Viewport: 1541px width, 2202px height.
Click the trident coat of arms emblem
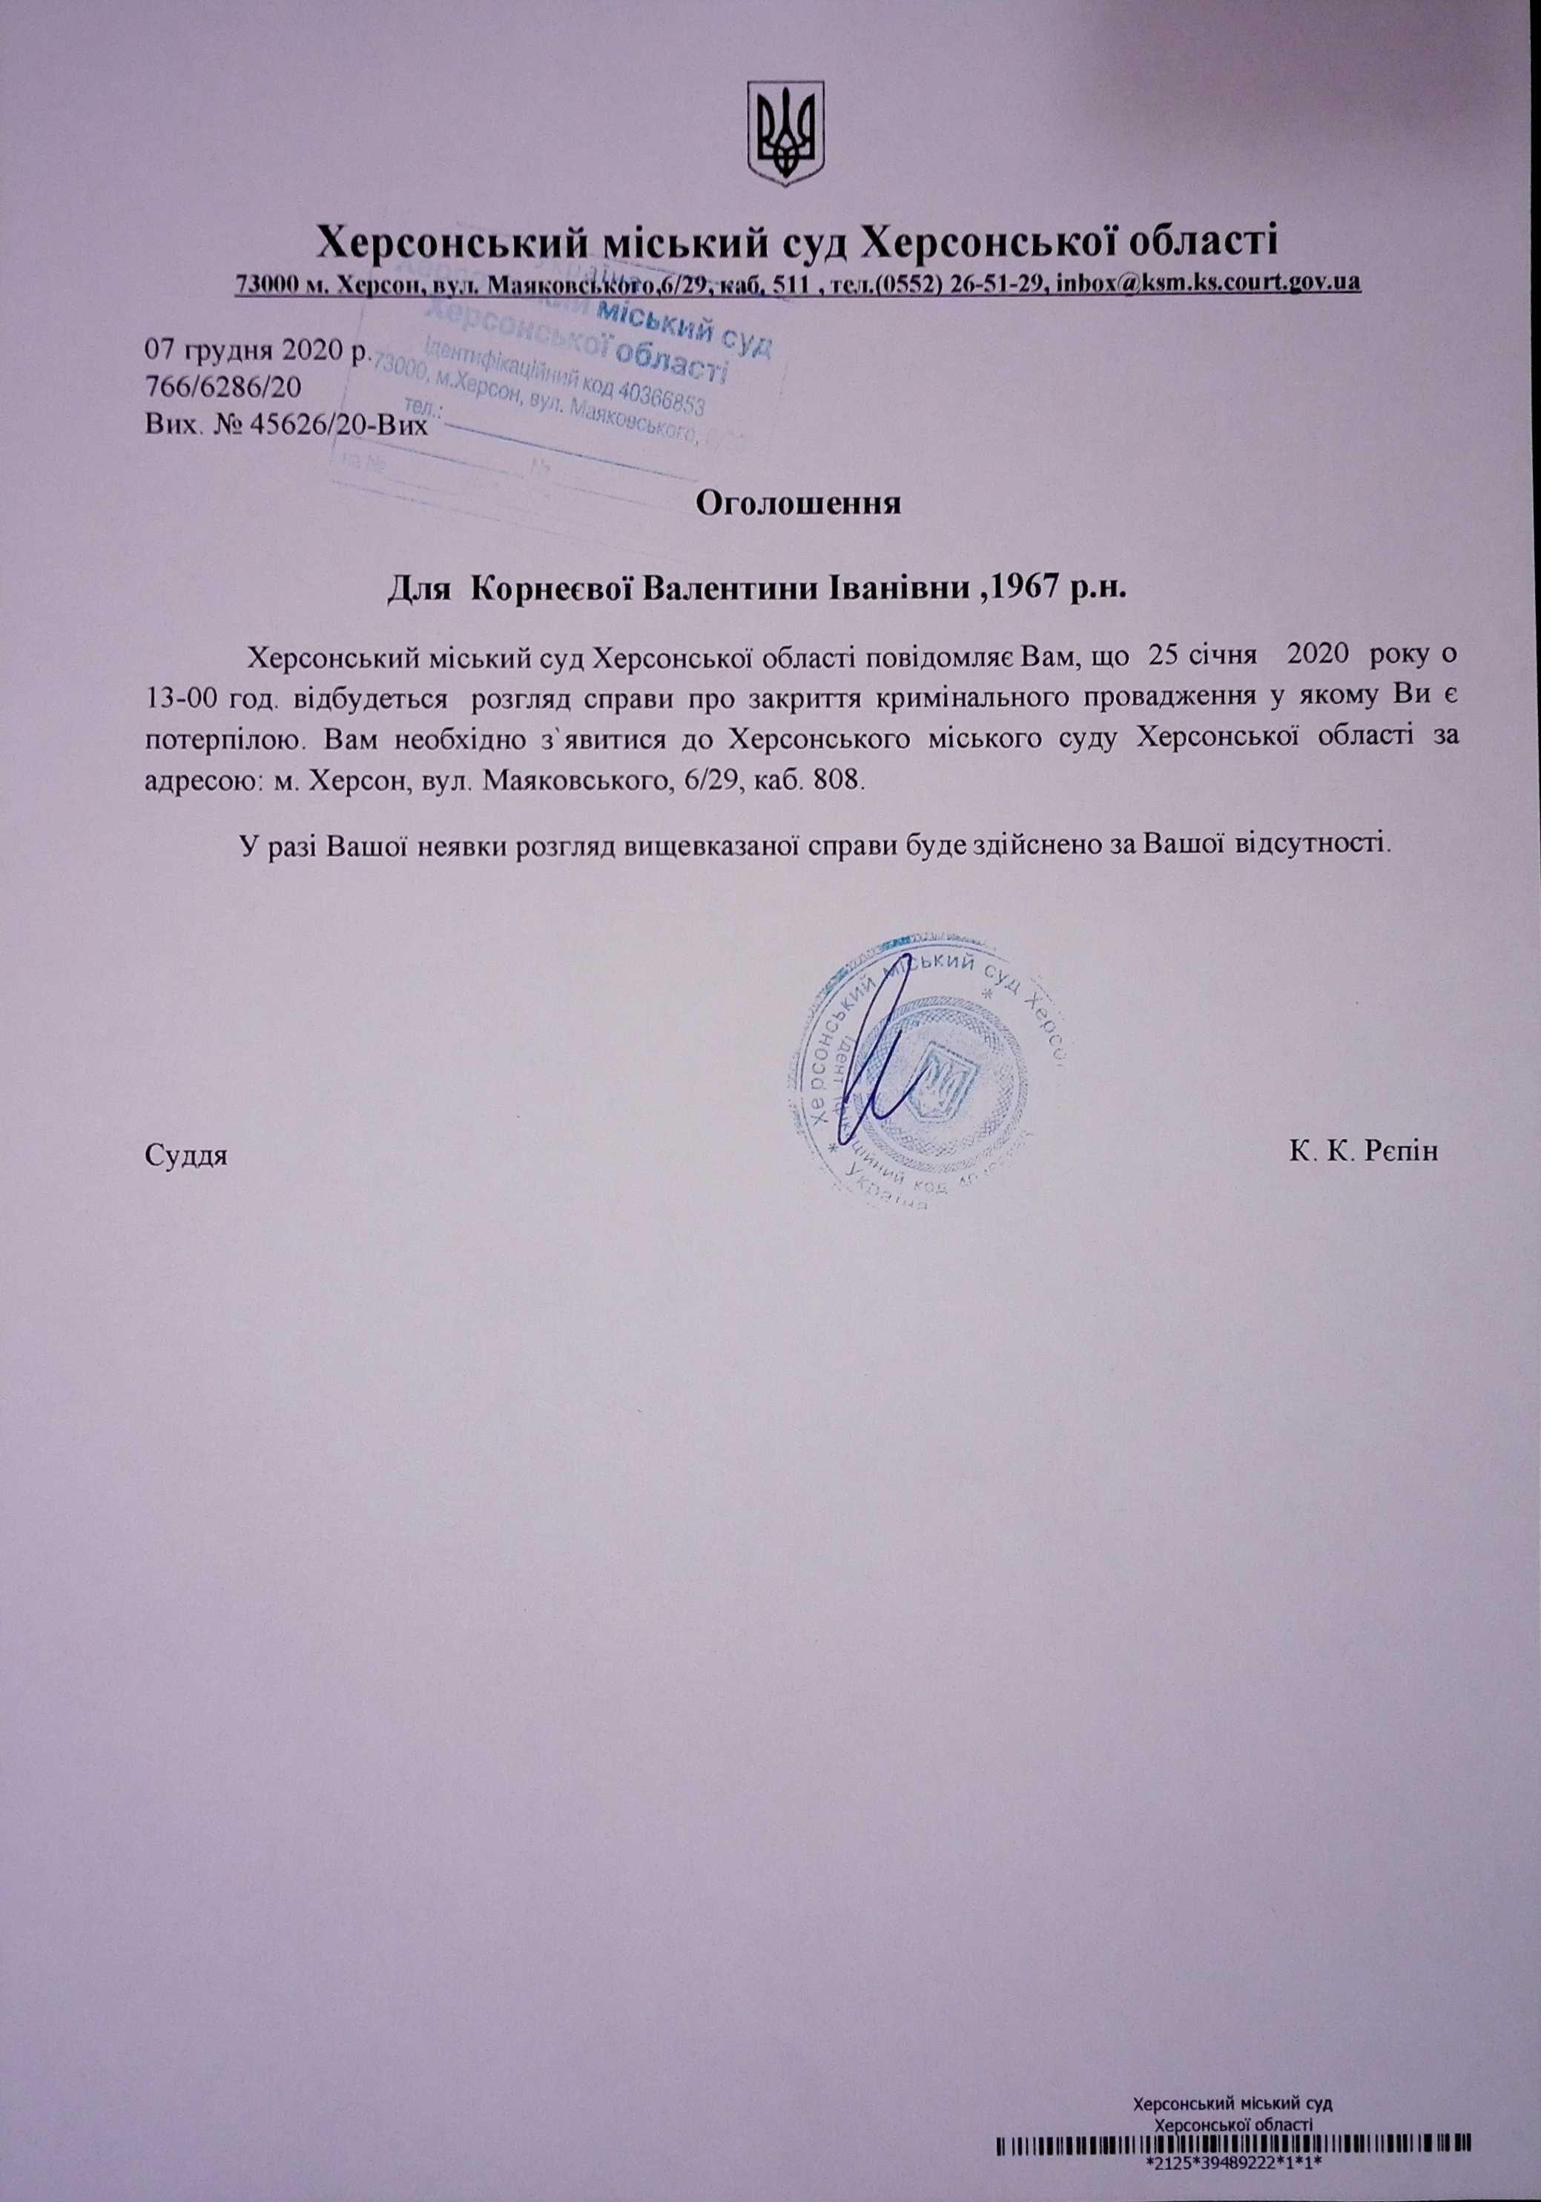[x=786, y=133]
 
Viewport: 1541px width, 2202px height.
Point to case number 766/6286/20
[x=222, y=386]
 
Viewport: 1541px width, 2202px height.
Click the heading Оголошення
[x=798, y=504]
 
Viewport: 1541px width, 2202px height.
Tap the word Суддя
[x=186, y=1152]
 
